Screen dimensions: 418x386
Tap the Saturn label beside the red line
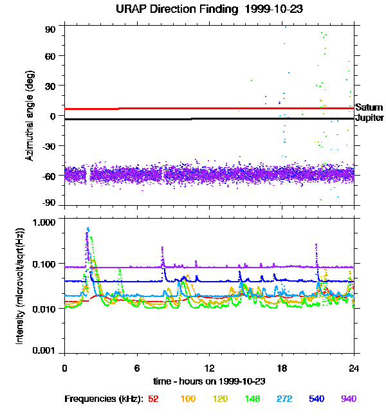(x=369, y=107)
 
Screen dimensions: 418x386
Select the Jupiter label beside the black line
(x=369, y=118)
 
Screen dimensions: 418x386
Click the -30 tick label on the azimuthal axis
(x=49, y=145)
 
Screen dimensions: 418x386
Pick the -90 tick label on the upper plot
(x=49, y=204)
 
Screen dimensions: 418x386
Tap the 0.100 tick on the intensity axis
(x=46, y=264)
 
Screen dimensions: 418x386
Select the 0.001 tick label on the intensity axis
(x=46, y=352)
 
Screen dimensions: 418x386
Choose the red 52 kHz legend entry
(x=153, y=399)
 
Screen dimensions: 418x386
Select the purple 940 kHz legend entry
(x=348, y=399)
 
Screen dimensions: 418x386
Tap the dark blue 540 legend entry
(x=315, y=399)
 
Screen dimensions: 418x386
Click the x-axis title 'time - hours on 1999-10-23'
(x=209, y=381)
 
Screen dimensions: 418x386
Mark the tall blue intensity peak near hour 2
(x=88, y=230)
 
